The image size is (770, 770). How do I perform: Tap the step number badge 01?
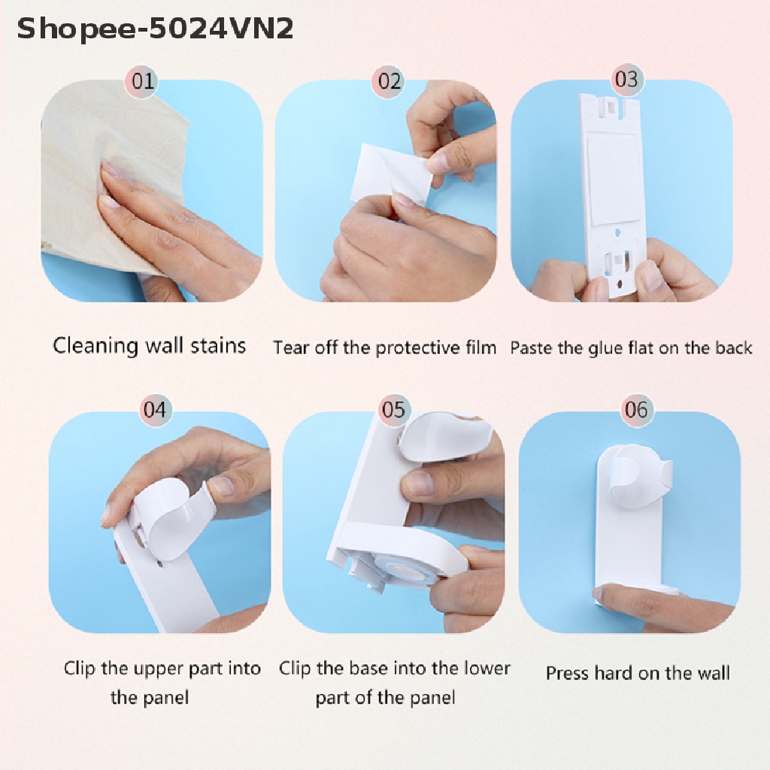coord(143,80)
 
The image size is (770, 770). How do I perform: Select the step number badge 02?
coord(390,80)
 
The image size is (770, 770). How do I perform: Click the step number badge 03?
coord(626,79)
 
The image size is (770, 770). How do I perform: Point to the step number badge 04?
coord(154,410)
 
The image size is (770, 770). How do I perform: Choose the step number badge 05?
coord(393,410)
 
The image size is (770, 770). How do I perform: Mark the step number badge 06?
coord(636,410)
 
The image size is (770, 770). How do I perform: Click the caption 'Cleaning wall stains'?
coord(150,346)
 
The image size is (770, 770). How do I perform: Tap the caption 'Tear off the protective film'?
coord(384,347)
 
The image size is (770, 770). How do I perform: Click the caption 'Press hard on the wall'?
coord(638,673)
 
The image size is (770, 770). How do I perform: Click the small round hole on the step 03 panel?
coord(617,234)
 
